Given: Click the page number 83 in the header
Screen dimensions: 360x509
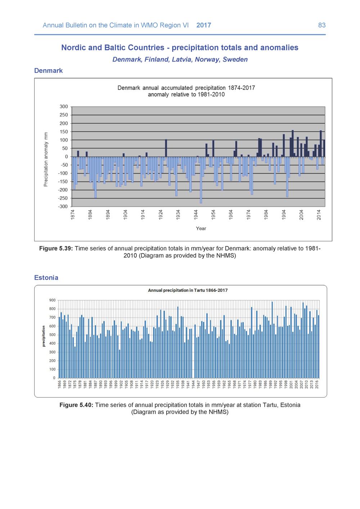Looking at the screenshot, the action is pos(322,25).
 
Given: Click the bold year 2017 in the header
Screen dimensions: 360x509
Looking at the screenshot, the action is pos(203,25).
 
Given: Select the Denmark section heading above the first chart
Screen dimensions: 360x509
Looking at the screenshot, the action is pos(48,71).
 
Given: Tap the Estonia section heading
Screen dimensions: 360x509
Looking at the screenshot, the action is pos(46,277).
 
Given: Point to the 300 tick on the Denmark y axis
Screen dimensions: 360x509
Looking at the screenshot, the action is pos(64,107).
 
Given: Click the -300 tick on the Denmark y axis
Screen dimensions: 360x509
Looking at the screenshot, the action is pos(63,206).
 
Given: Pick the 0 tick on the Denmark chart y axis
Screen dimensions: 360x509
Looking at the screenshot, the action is pos(67,157).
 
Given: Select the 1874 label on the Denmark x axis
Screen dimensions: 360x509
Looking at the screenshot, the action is pos(73,215).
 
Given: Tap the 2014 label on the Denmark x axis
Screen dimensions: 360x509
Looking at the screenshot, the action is pos(319,215).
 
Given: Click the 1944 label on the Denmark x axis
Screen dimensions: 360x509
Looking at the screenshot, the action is pos(196,215).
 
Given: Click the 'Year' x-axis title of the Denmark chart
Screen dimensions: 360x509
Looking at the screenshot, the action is pos(201,229).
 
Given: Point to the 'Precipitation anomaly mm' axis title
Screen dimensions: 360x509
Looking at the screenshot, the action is pos(46,159).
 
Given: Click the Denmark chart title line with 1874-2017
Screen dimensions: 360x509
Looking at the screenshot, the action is pos(186,88).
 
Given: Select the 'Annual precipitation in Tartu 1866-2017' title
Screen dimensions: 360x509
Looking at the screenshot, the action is pos(188,290).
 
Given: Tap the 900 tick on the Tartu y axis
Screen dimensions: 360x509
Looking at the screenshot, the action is pos(52,300).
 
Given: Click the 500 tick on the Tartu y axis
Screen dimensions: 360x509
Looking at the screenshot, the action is pos(52,335).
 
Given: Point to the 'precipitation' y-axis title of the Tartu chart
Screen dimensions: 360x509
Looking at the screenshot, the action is pos(44,336).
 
